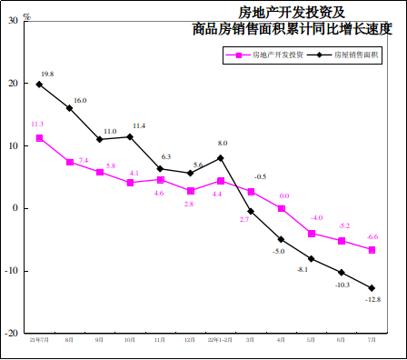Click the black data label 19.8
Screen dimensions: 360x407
pos(47,74)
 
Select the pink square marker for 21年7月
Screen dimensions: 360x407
pos(39,138)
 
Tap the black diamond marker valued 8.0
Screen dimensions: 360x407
pos(221,158)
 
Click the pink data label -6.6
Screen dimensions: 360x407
pos(372,236)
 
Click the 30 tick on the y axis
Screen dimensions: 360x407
pos(12,21)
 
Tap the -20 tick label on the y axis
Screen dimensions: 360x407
pos(10,333)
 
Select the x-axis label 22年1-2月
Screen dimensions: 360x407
pos(220,340)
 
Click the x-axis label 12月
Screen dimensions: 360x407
pos(190,340)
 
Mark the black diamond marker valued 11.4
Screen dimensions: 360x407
pos(130,137)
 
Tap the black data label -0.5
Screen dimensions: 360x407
pos(260,176)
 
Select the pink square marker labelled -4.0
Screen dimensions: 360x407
pos(312,234)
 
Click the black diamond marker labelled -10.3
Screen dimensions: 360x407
pos(342,273)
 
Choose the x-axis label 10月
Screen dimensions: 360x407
pos(130,340)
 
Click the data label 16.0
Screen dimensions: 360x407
pos(80,100)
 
